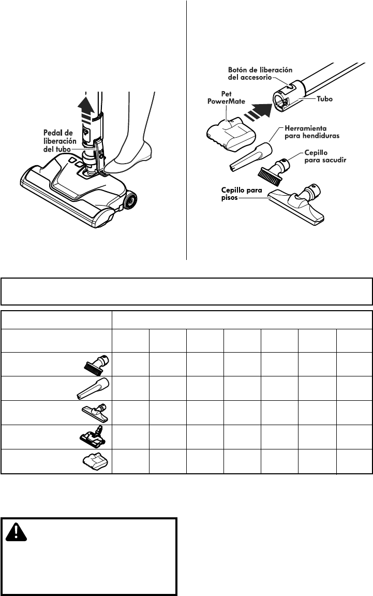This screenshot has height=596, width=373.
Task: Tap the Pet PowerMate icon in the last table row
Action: coord(96,461)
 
